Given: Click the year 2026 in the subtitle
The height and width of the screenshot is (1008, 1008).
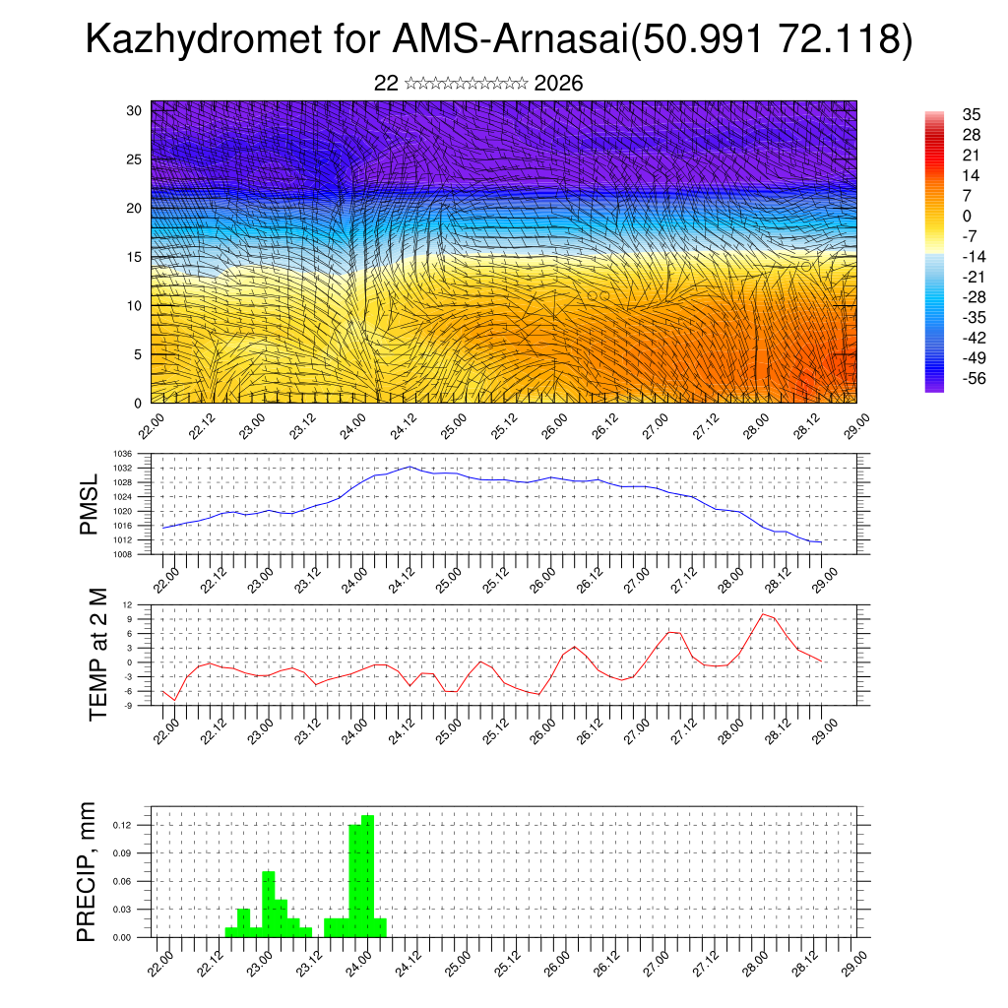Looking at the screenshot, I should [x=558, y=84].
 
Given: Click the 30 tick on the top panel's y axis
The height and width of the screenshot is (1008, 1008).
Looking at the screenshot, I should [x=135, y=110].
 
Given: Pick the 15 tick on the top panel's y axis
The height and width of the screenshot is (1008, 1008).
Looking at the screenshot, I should [x=135, y=257].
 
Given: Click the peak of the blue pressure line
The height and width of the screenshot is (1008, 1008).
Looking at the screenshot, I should [x=409, y=467].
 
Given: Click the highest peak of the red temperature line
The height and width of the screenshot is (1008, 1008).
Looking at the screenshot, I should [x=763, y=614].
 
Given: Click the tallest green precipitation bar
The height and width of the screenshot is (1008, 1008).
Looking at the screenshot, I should [x=367, y=876].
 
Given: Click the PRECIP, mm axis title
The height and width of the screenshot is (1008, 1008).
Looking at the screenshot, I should [x=89, y=872].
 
